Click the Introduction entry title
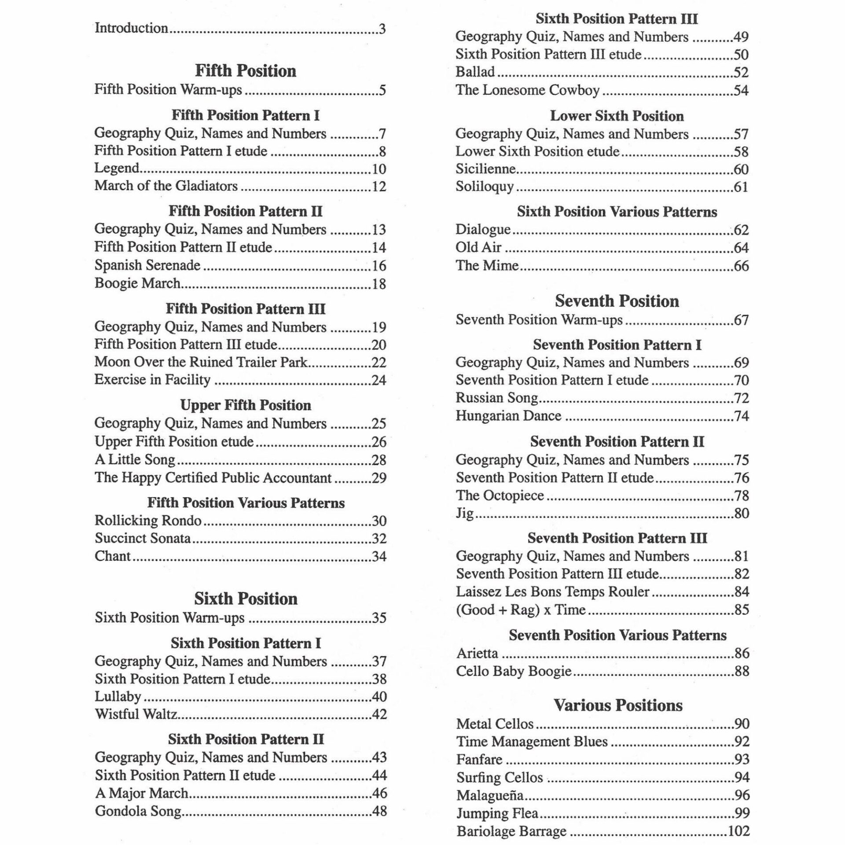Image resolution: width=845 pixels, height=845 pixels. [x=131, y=28]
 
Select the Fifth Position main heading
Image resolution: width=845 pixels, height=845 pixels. [x=246, y=71]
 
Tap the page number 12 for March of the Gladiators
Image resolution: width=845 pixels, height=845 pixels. [x=379, y=187]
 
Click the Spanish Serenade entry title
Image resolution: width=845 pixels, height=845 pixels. [x=147, y=265]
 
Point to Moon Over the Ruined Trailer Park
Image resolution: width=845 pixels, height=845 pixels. [x=201, y=362]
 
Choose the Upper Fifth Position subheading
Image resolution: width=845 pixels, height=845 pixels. [x=246, y=405]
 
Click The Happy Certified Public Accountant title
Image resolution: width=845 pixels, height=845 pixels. [x=213, y=478]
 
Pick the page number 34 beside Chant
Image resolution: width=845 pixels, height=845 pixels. [x=379, y=557]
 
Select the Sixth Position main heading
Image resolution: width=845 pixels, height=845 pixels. [x=246, y=599]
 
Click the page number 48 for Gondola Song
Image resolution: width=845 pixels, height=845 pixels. [x=379, y=811]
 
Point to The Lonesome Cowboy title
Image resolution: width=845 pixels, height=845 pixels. [x=527, y=90]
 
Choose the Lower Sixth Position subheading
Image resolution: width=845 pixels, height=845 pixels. [x=617, y=116]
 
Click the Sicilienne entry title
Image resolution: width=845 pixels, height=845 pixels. [x=485, y=169]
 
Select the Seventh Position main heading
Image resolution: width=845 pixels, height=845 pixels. [x=617, y=301]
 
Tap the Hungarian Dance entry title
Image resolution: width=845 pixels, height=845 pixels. [x=508, y=416]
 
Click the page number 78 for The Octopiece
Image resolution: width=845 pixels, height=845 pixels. [x=741, y=496]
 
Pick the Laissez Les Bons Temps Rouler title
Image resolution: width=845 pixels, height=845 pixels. [x=552, y=592]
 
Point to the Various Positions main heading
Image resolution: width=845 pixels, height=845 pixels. [x=617, y=705]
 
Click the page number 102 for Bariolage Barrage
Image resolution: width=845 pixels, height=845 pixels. [x=738, y=831]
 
